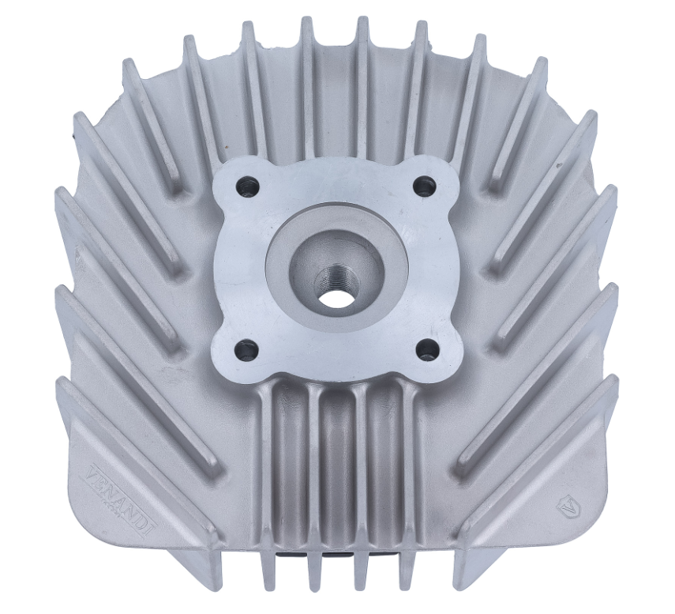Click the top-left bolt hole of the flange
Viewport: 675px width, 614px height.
[249, 187]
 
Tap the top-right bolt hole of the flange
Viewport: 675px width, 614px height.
[425, 186]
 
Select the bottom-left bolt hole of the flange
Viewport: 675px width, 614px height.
[246, 348]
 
